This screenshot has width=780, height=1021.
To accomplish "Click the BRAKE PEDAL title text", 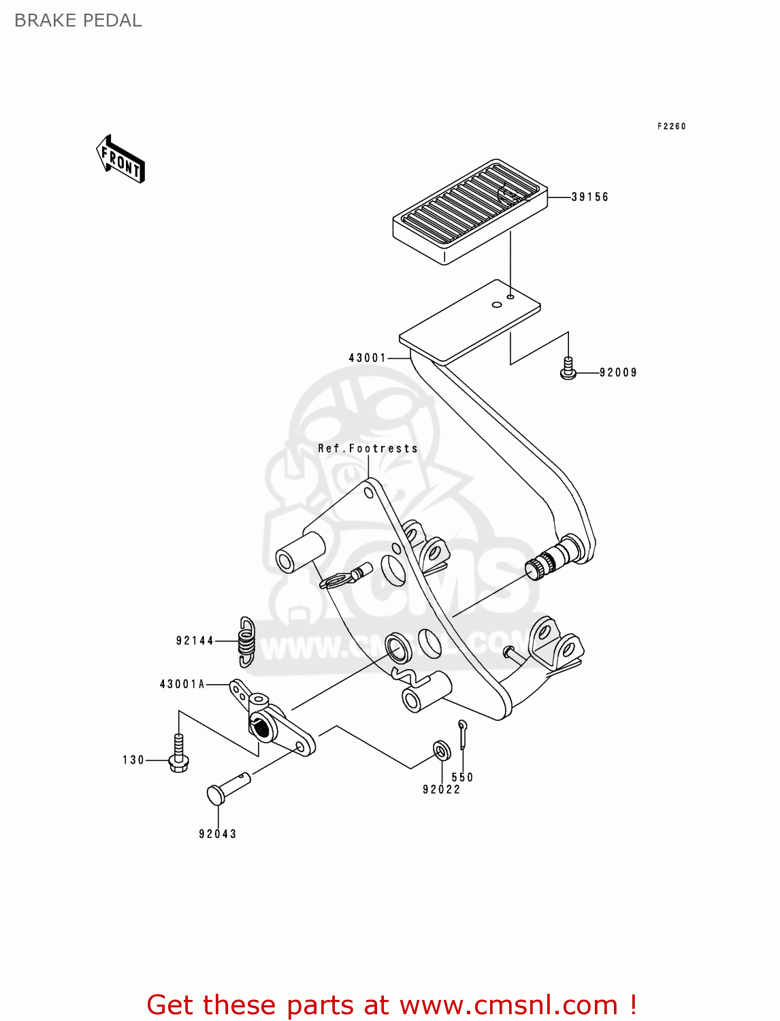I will click(78, 20).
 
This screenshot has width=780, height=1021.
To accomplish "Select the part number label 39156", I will click(589, 197).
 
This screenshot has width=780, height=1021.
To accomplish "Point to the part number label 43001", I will click(367, 357).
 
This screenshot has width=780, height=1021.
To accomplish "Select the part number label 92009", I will click(618, 372).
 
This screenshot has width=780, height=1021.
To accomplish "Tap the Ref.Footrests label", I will click(368, 449).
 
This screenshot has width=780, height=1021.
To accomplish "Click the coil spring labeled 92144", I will click(246, 641).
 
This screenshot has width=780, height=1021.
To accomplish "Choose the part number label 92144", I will click(195, 641).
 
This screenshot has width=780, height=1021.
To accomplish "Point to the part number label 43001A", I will click(182, 684).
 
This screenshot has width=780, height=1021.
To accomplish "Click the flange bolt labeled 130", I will click(178, 755).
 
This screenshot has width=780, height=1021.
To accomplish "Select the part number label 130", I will click(133, 760).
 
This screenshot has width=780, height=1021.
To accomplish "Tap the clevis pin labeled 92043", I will click(227, 786).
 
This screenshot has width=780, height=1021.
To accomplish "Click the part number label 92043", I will click(217, 834).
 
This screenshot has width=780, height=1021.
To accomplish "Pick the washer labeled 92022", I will click(441, 751).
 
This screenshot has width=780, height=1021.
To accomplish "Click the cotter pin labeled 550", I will click(463, 734).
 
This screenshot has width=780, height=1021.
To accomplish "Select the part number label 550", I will click(462, 777).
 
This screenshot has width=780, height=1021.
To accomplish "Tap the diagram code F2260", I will click(671, 126).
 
